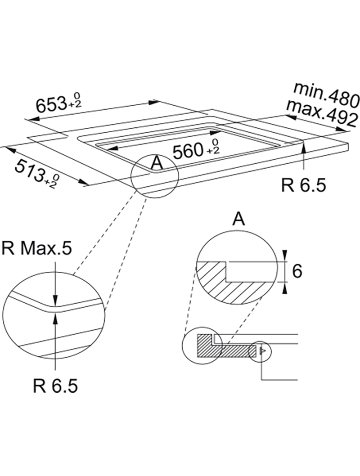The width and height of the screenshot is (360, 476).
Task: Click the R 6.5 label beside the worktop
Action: pyautogui.click(x=304, y=185)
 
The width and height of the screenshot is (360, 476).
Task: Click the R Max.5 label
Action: pyautogui.click(x=37, y=248)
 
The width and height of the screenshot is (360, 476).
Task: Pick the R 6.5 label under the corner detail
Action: pyautogui.click(x=55, y=386)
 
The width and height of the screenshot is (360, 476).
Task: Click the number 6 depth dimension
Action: pyautogui.click(x=297, y=271)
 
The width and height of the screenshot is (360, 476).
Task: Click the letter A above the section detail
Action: pyautogui.click(x=238, y=219)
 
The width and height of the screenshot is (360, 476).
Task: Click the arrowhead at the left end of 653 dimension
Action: pyautogui.click(x=31, y=118)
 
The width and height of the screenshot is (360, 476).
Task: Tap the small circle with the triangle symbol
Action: pyautogui.click(x=260, y=352)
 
